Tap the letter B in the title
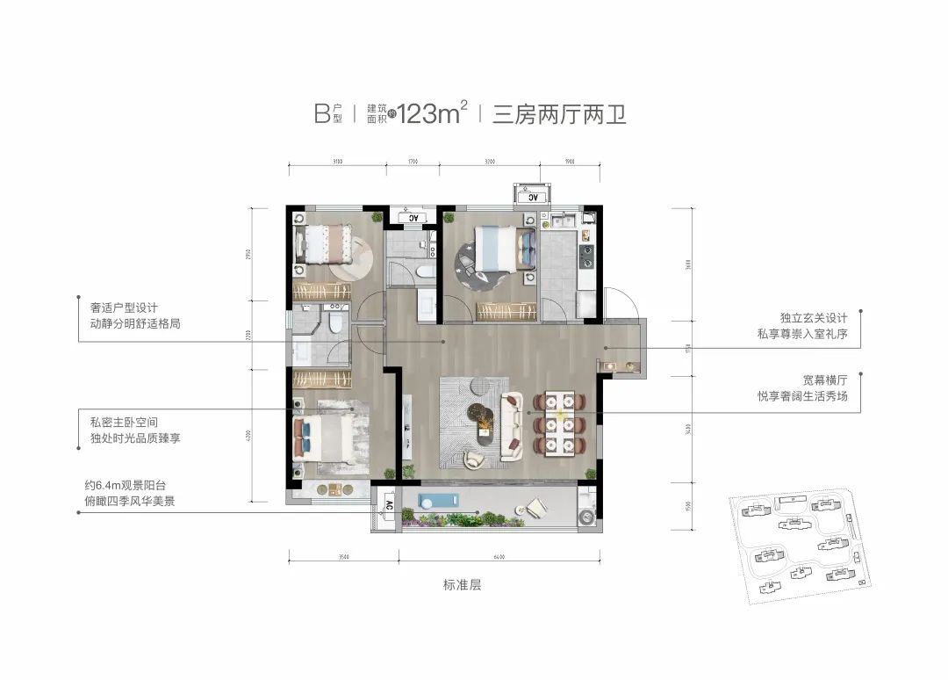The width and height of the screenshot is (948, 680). coord(321,113)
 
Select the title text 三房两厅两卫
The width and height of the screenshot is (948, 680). coord(559,114)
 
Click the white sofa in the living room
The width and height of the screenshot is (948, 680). coord(511,427)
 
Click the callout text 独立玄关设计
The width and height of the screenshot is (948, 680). coord(812,317)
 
